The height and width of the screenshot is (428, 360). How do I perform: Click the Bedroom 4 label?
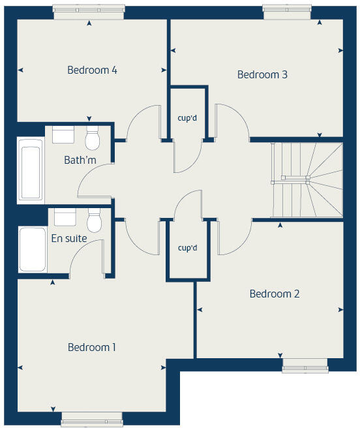tap(92, 70)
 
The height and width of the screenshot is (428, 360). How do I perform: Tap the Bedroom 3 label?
tap(262, 74)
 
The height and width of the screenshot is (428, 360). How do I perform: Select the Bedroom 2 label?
tap(275, 294)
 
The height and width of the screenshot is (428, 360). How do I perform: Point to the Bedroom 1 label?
tap(92, 347)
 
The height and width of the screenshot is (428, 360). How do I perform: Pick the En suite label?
tap(69, 238)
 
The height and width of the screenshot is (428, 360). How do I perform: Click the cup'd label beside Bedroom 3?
tap(188, 118)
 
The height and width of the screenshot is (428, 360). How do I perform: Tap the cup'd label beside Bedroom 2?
tap(187, 248)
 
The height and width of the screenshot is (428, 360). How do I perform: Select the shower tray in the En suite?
tap(33, 249)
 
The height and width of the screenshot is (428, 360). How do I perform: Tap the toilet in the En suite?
tap(95, 220)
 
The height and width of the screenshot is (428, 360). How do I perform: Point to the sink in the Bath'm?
tap(64, 135)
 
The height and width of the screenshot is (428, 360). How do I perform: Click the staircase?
tap(307, 180)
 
